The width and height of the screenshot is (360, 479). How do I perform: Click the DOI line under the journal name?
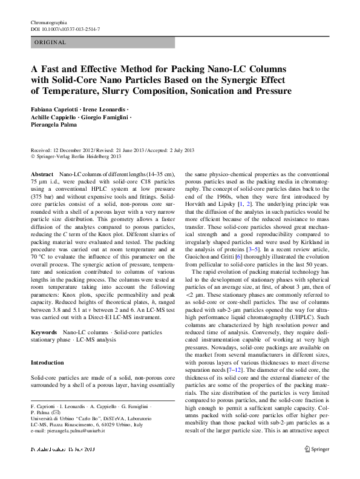click(65, 28)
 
